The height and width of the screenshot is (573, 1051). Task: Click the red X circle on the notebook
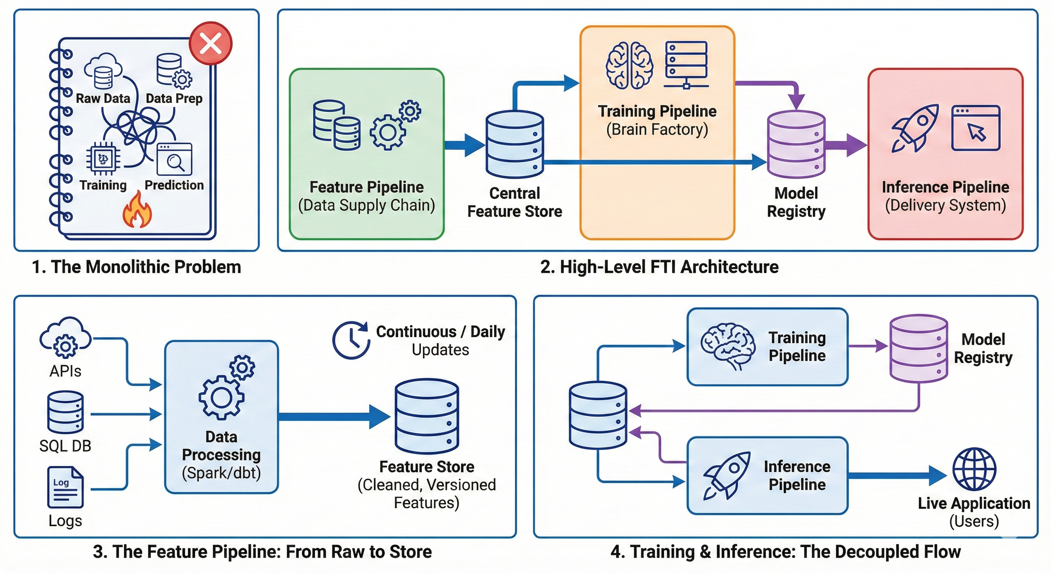point(210,43)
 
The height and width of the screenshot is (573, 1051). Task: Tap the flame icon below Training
point(137,210)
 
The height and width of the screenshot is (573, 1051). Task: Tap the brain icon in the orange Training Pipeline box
point(629,65)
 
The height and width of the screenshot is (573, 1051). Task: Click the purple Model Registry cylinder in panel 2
point(796,144)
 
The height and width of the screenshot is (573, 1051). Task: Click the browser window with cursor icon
point(976,128)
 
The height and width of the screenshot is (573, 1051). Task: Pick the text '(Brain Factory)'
point(657,130)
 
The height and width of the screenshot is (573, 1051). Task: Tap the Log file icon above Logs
point(65,487)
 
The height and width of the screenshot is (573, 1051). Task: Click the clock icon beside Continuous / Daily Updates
point(351,340)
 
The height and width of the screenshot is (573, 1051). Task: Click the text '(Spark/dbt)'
point(221,473)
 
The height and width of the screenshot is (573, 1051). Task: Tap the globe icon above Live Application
point(974,469)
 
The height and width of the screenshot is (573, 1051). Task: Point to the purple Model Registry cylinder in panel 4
point(919,348)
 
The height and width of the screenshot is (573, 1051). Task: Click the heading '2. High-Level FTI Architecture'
point(659,267)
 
